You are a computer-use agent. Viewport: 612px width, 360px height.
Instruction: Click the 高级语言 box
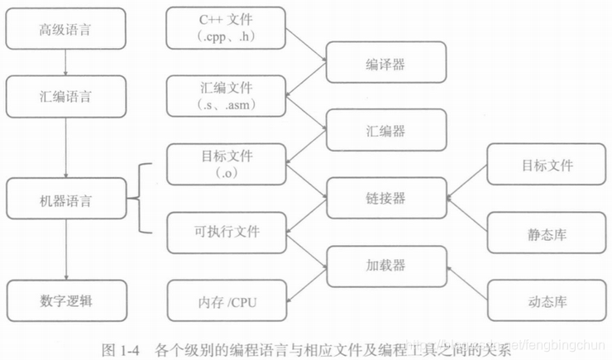pyautogui.click(x=65, y=31)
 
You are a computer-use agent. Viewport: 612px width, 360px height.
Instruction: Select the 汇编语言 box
pyautogui.click(x=65, y=96)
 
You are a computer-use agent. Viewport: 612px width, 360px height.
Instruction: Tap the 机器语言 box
pyautogui.click(x=65, y=200)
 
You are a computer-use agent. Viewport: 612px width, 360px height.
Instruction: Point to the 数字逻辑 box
pyautogui.click(x=65, y=300)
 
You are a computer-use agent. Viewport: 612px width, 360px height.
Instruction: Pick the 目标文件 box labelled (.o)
pyautogui.click(x=227, y=164)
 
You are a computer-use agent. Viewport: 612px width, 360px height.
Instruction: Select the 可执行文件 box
pyautogui.click(x=227, y=232)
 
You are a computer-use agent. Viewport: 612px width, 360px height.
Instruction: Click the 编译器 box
pyautogui.click(x=386, y=63)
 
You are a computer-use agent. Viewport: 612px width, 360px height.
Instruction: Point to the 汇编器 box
pyautogui.click(x=386, y=131)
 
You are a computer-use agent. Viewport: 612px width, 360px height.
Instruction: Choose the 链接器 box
pyautogui.click(x=386, y=199)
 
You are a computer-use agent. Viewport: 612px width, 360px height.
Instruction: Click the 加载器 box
pyautogui.click(x=386, y=266)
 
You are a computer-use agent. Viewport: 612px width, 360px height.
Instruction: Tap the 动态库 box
pyautogui.click(x=547, y=300)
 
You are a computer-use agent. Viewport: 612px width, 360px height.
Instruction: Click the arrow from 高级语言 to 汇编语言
pyautogui.click(x=65, y=63)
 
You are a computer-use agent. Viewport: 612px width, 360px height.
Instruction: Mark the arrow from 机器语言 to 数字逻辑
pyautogui.click(x=65, y=252)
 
